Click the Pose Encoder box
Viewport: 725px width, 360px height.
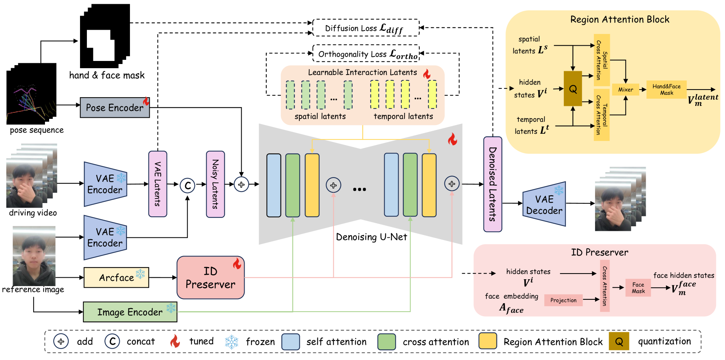point(115,108)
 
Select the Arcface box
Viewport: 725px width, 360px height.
point(116,277)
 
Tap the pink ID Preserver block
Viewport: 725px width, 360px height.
point(210,278)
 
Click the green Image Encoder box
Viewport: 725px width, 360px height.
point(130,312)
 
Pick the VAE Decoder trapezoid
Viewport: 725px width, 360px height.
point(544,204)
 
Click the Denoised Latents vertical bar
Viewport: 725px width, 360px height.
point(493,184)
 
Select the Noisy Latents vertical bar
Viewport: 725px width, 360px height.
point(215,184)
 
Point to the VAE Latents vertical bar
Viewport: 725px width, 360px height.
point(157,184)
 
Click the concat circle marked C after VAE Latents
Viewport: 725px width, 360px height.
point(187,186)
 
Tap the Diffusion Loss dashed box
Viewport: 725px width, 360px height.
point(366,28)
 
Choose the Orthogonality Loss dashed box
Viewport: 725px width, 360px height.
point(366,54)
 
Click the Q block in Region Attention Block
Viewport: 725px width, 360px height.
point(573,89)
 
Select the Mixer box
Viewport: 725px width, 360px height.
point(626,90)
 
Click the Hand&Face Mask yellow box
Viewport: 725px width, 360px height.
point(666,90)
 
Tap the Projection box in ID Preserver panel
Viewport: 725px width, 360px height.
point(563,300)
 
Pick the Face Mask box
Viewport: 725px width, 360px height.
point(638,288)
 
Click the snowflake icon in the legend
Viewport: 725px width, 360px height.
point(232,342)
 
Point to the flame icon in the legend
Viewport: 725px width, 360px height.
point(175,341)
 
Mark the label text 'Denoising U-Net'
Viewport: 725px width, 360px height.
point(371,237)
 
